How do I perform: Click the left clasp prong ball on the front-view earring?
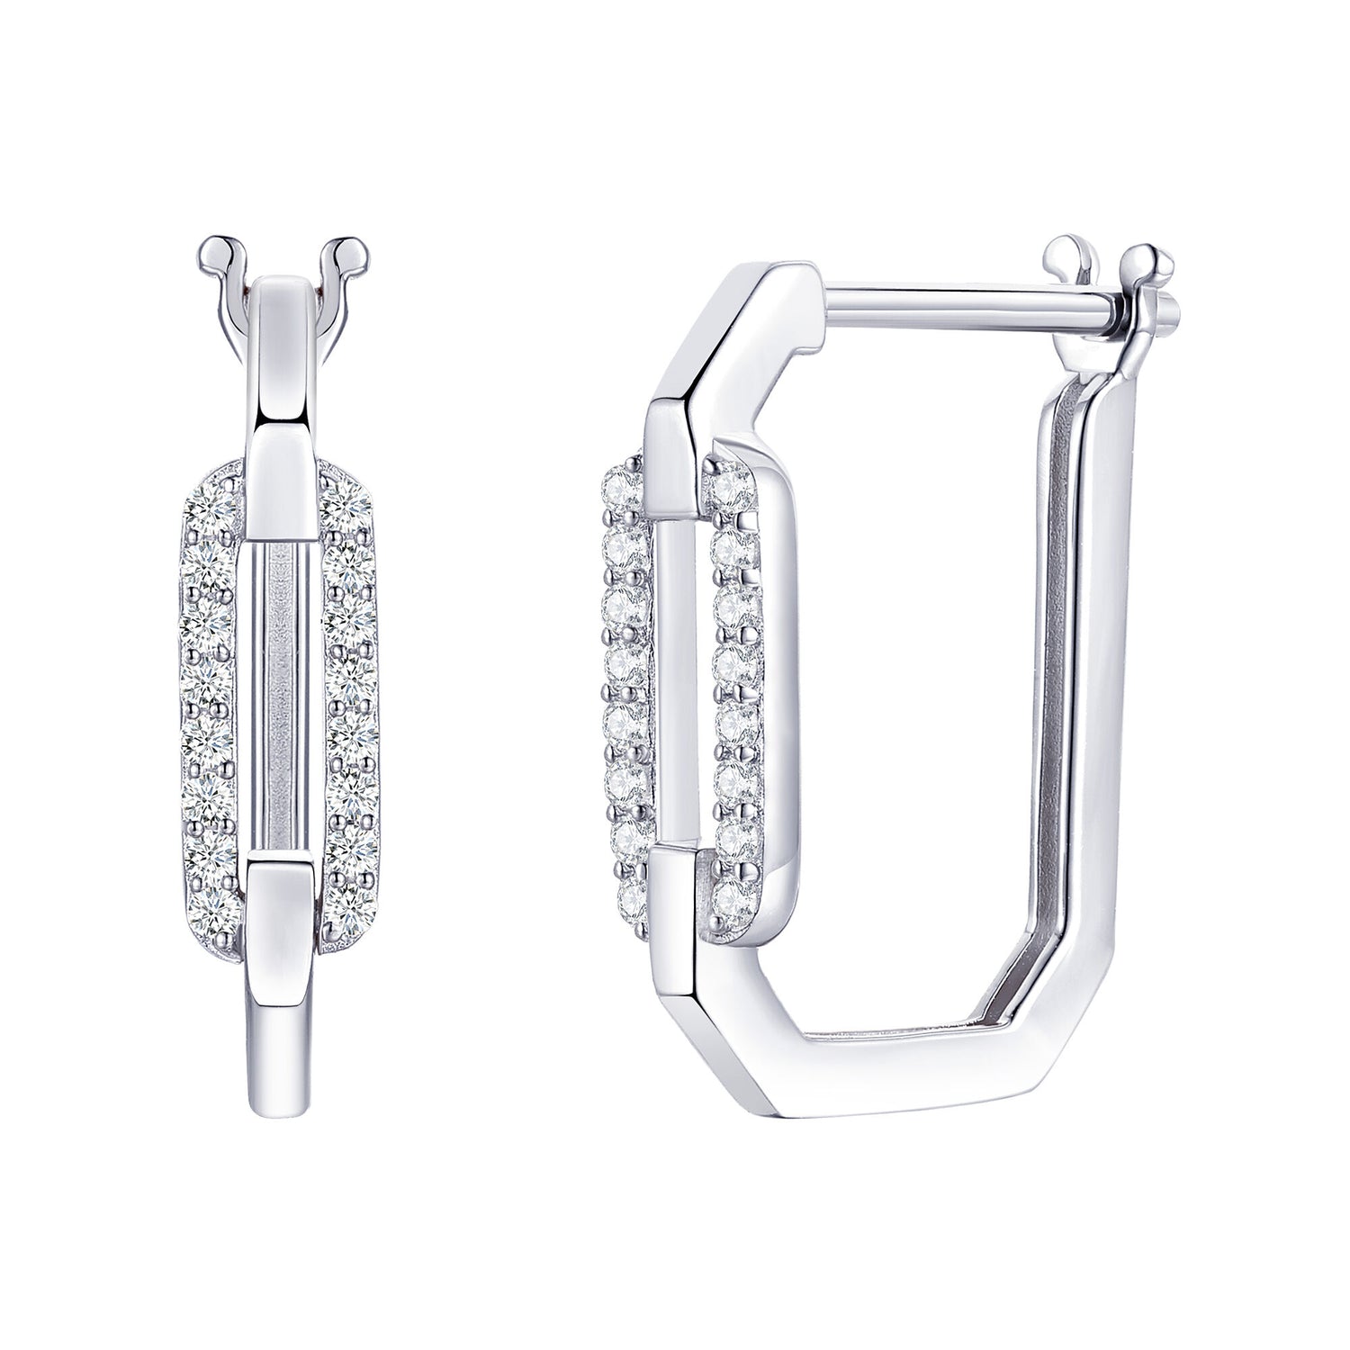[x=212, y=247]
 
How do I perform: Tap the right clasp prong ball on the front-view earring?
[x=345, y=247]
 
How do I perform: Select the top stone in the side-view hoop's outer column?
[x=623, y=490]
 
